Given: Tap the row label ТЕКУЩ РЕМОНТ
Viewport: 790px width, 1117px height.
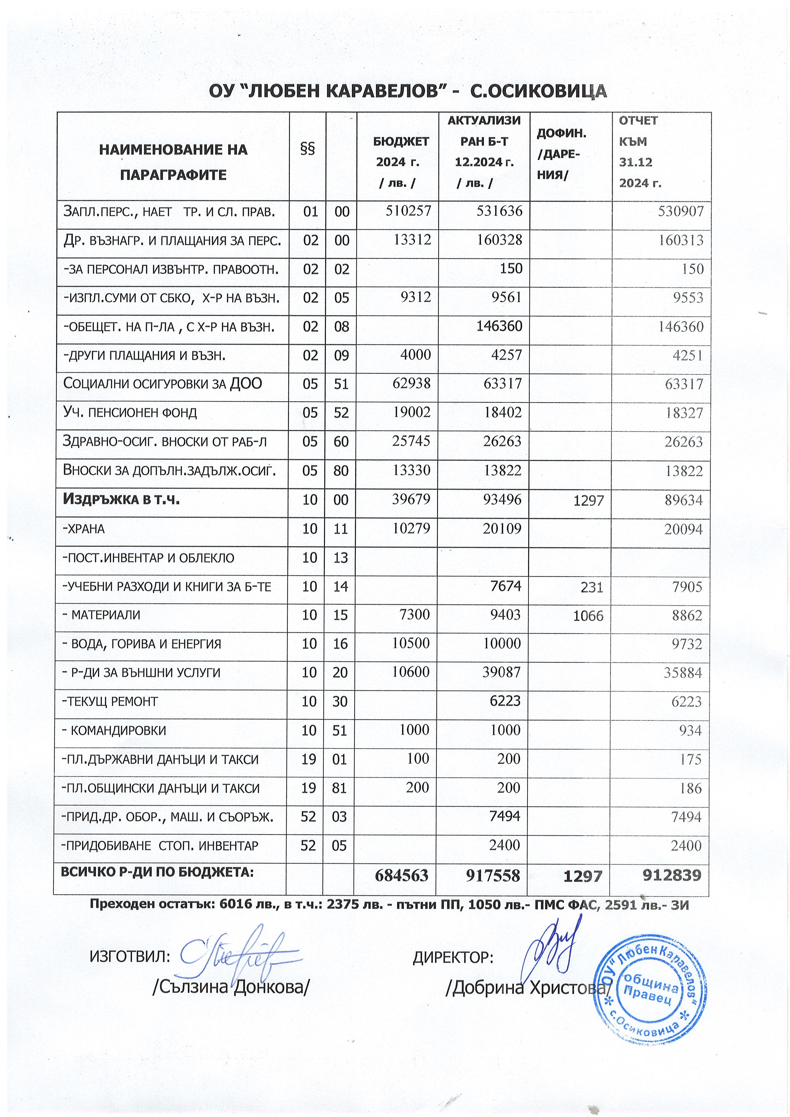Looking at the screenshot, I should (111, 701).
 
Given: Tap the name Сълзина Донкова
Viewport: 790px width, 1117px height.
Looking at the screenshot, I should (231, 988).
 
